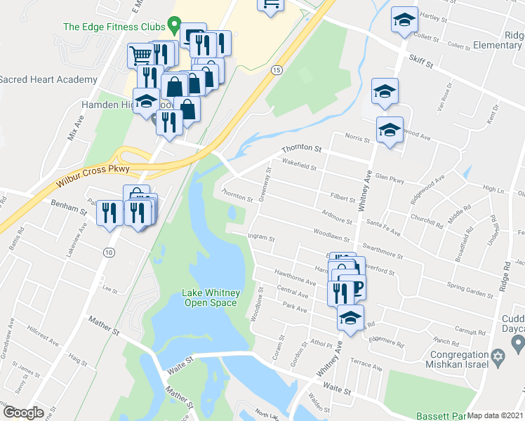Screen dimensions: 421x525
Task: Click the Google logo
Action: [x=23, y=413]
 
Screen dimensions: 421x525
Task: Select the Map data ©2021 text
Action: [x=495, y=415]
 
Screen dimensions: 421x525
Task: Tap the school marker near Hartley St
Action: [x=404, y=21]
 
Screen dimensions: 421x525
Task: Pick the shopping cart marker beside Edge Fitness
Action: [x=141, y=55]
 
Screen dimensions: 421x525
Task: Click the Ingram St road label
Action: [x=261, y=239]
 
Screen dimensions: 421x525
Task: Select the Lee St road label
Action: [x=109, y=288]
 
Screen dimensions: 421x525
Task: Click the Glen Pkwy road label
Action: [x=390, y=180]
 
